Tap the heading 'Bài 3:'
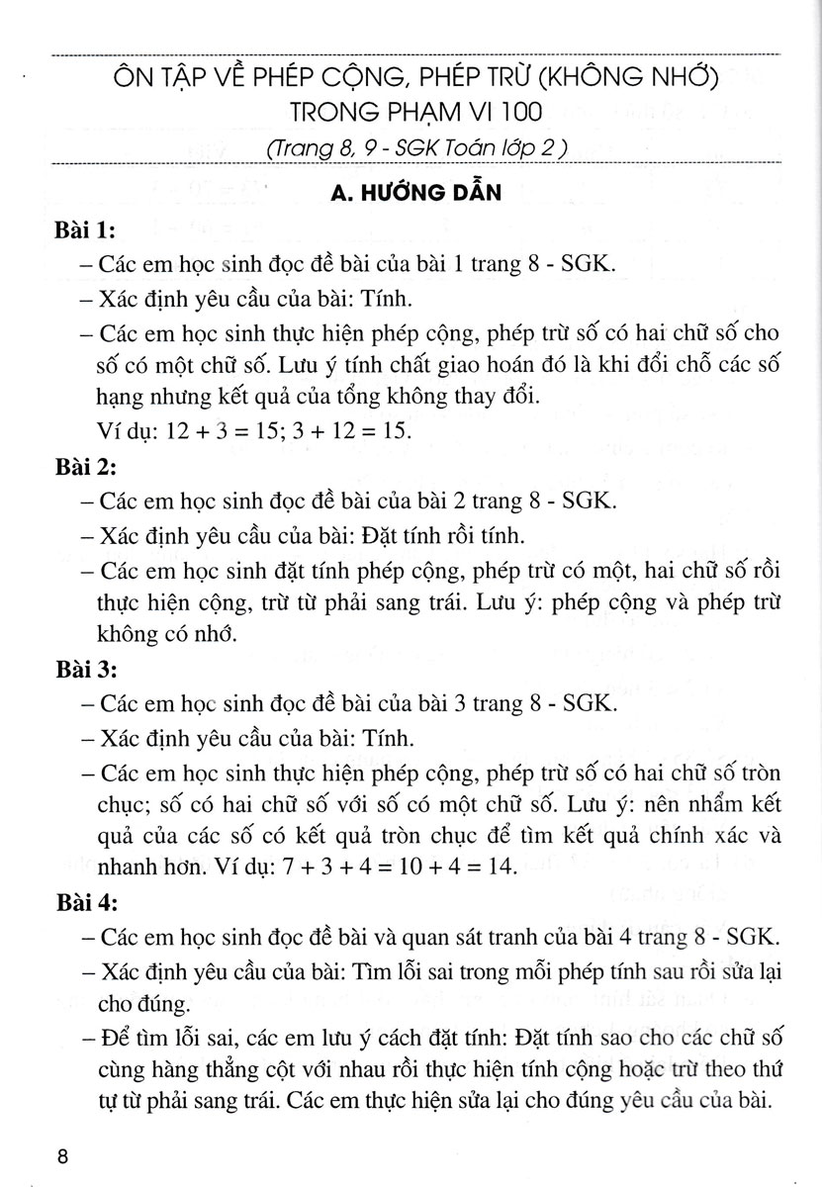click(85, 671)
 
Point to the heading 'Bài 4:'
click(85, 903)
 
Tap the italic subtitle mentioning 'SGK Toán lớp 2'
click(415, 148)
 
